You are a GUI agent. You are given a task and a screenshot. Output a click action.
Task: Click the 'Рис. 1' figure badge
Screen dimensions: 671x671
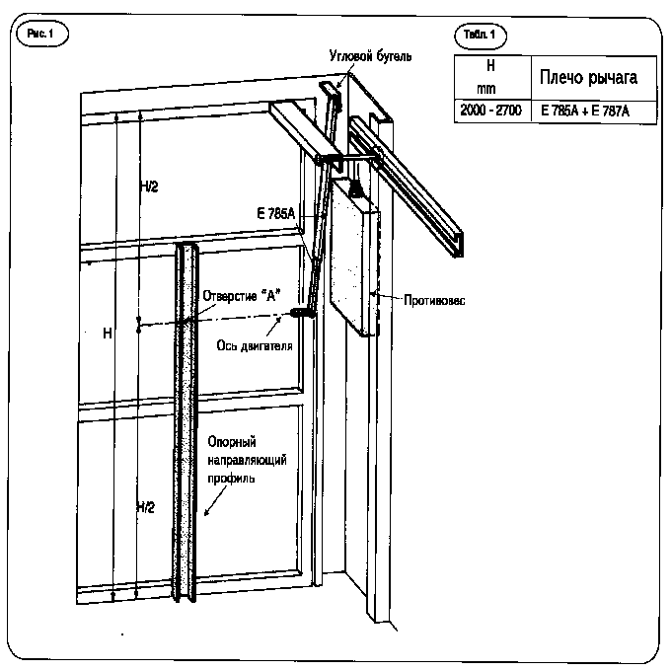[41, 34]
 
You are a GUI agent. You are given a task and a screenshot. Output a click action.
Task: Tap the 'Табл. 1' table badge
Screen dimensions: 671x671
[480, 35]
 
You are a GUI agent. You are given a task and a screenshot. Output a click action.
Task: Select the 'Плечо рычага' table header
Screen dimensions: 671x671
[588, 77]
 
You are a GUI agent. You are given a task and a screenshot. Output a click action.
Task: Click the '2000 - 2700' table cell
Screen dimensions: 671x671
[490, 111]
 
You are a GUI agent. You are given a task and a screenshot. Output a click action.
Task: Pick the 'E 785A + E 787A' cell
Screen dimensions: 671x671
[585, 112]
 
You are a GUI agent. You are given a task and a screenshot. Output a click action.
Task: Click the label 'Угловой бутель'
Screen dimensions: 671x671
[371, 56]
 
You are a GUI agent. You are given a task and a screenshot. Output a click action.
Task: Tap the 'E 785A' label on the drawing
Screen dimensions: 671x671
[276, 213]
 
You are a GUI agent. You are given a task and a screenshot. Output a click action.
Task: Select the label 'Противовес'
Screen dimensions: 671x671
[434, 300]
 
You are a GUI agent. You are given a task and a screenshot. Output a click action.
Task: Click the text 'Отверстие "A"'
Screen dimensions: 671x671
[242, 296]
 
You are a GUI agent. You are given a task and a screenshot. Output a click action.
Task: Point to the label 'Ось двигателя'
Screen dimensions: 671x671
[255, 345]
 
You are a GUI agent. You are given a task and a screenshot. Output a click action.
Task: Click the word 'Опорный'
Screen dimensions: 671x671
[232, 442]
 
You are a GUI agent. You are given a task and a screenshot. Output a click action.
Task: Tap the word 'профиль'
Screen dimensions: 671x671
[231, 479]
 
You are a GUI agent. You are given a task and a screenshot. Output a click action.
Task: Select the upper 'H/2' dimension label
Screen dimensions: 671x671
[149, 186]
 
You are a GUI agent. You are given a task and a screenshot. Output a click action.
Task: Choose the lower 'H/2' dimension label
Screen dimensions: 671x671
[145, 507]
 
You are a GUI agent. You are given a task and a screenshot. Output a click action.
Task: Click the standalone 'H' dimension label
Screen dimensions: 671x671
[108, 334]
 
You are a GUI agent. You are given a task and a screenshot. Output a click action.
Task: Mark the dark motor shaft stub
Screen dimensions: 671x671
[302, 313]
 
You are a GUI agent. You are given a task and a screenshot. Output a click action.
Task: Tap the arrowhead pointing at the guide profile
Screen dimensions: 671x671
[206, 512]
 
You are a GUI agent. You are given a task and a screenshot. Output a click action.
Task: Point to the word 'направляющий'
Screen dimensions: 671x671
[247, 461]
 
